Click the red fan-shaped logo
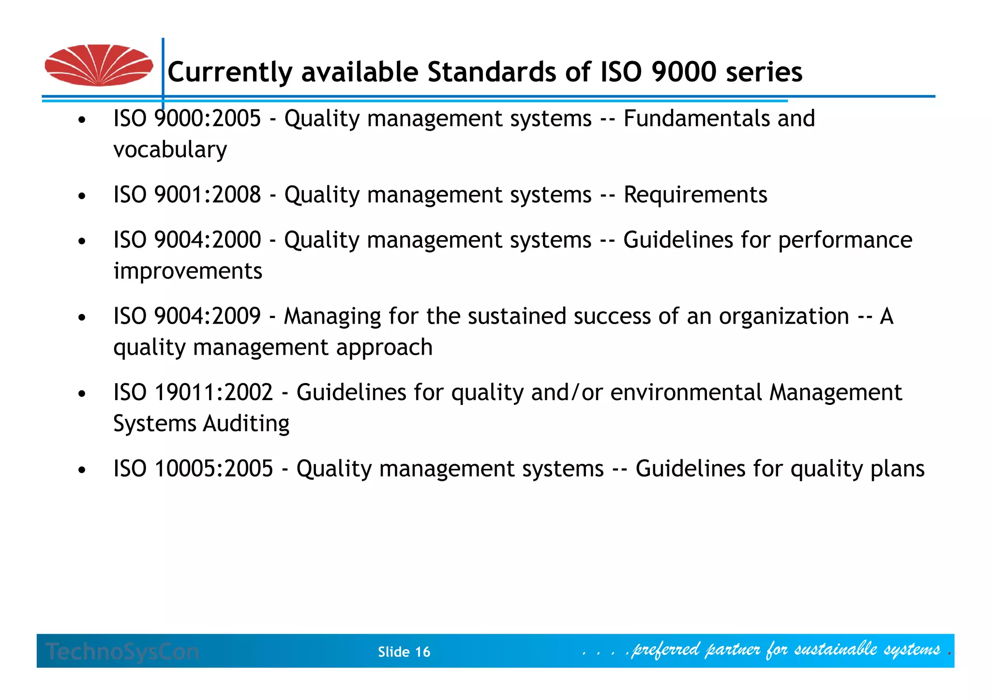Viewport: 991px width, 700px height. coord(99,65)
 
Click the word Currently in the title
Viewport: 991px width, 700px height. coord(230,73)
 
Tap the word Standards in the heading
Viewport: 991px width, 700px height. coord(491,72)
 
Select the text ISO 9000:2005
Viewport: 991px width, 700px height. coord(187,119)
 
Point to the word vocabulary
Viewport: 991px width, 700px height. coord(170,149)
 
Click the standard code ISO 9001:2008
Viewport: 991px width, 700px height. coord(187,194)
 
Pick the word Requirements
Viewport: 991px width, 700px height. coord(695,194)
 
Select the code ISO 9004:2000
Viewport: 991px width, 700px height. coord(187,240)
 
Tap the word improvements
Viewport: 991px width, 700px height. coord(188,271)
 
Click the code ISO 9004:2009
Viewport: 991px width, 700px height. coord(187,316)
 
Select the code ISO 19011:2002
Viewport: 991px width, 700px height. coord(193,392)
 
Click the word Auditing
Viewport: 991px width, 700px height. coord(246,424)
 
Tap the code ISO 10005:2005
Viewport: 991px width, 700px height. coord(193,468)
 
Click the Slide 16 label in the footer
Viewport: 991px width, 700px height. coord(404,652)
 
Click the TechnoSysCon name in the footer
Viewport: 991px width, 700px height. coord(122,652)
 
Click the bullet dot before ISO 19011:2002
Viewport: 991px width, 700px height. coord(82,394)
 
